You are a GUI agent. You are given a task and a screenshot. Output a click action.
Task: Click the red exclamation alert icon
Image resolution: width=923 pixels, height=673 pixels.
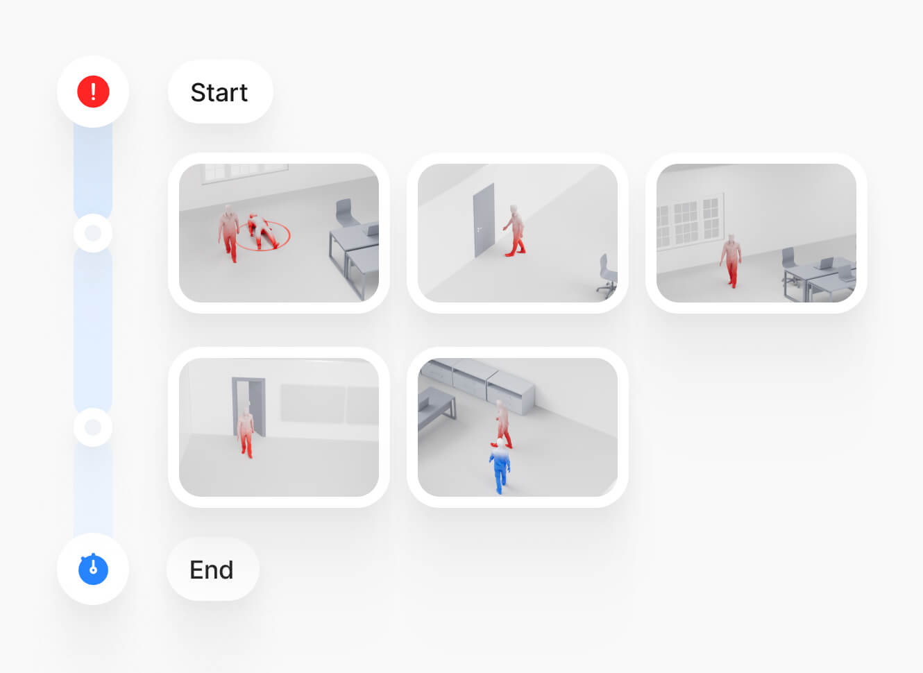pyautogui.click(x=93, y=92)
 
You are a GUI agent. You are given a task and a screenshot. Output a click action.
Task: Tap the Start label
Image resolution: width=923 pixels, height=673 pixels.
pyautogui.click(x=219, y=92)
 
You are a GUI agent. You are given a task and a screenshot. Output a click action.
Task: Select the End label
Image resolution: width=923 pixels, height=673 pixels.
pyautogui.click(x=212, y=570)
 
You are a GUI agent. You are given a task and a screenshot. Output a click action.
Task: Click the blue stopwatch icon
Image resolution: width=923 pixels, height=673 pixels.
pyautogui.click(x=93, y=569)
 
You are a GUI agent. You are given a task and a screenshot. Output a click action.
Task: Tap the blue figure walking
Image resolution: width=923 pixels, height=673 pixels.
pyautogui.click(x=500, y=466)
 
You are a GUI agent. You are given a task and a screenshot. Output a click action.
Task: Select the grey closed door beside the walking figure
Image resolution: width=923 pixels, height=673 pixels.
pyautogui.click(x=484, y=220)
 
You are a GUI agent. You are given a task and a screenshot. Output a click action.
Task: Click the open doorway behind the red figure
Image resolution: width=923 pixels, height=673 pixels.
pyautogui.click(x=248, y=407)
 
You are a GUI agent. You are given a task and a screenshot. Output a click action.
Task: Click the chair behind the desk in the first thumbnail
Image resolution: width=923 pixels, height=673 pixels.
pyautogui.click(x=346, y=212)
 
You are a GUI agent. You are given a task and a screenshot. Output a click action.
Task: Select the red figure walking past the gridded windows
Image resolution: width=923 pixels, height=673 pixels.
pyautogui.click(x=731, y=261)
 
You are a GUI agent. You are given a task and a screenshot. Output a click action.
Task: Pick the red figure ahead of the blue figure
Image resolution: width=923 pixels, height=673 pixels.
pyautogui.click(x=502, y=424)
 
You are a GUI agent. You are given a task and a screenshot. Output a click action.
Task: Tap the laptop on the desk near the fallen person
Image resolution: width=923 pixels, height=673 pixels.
pyautogui.click(x=372, y=229)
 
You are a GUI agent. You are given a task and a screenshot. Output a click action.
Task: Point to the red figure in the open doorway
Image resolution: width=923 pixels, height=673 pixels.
pyautogui.click(x=246, y=432)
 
